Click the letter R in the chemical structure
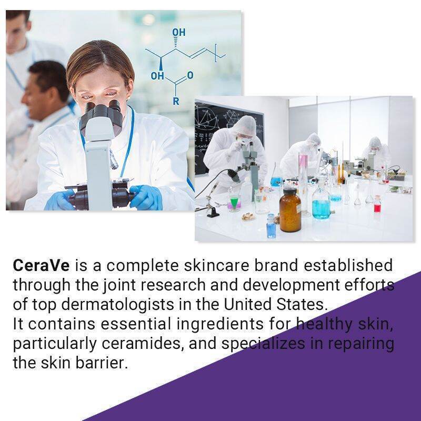[176, 102]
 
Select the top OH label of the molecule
[178, 33]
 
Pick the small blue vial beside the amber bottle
[271, 226]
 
